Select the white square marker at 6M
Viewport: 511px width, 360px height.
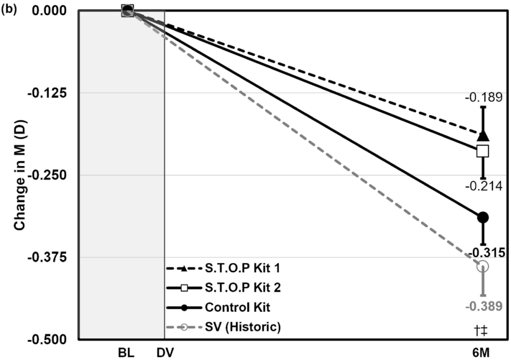483,151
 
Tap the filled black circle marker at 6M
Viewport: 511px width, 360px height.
483,217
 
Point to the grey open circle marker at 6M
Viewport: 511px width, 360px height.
483,266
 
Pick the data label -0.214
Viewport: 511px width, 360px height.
483,186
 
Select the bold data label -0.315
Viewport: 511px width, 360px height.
483,252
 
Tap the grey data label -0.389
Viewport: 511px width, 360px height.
483,307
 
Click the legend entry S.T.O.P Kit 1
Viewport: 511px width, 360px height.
242,268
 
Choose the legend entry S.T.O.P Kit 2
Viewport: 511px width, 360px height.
242,287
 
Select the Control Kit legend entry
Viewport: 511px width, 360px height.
237,307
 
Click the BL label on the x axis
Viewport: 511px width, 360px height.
127,353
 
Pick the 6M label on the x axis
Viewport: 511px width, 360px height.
483,353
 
